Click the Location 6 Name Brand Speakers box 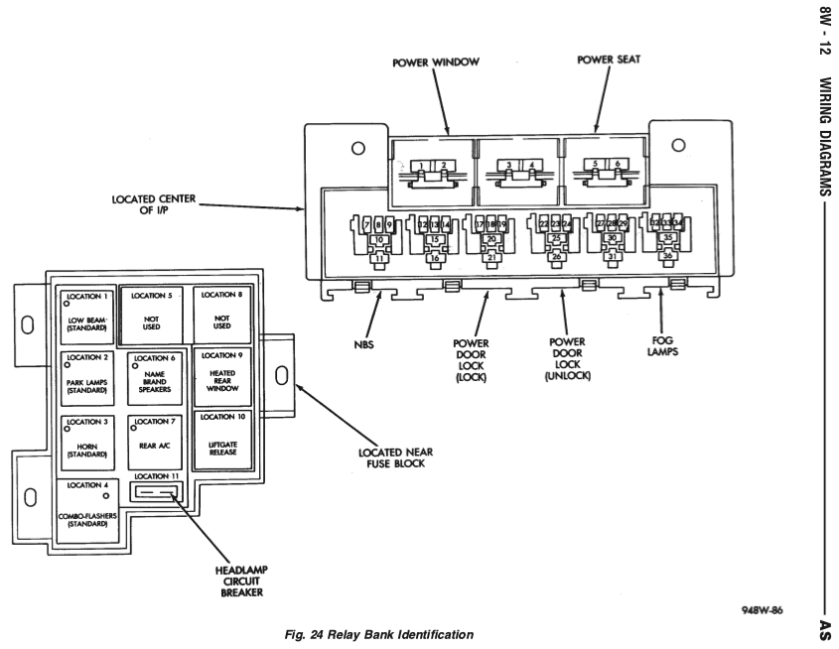pos(155,377)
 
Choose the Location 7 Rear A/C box pos(155,442)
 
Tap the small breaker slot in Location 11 pos(155,491)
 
